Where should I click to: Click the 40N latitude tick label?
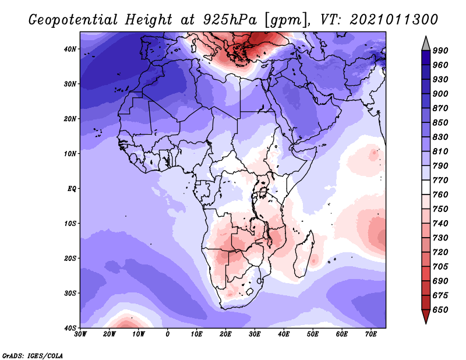(70, 49)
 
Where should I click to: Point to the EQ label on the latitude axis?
(72, 189)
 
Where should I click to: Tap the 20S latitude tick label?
(70, 258)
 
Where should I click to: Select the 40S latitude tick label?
(70, 328)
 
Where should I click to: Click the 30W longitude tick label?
(80, 334)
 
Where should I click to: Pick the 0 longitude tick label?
(168, 334)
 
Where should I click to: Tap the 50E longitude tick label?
(313, 334)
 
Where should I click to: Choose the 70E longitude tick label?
(371, 334)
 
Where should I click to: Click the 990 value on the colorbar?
(440, 51)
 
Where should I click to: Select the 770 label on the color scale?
(440, 181)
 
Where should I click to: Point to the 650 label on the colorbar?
(440, 310)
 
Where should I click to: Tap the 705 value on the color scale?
(440, 267)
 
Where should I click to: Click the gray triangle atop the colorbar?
(426, 45)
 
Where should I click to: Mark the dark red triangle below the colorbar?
(426, 315)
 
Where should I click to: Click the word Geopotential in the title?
(73, 20)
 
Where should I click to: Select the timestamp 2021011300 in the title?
(394, 20)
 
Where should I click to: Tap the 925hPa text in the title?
(230, 20)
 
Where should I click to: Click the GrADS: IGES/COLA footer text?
(33, 356)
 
